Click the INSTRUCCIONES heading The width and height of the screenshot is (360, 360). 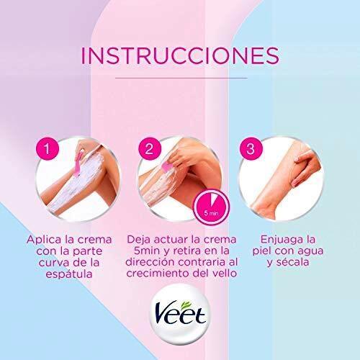click(180, 56)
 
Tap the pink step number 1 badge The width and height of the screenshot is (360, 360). click(48, 149)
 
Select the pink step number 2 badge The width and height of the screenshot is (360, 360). click(150, 149)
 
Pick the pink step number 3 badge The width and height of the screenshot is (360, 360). click(251, 149)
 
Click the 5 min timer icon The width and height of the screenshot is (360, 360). click(212, 207)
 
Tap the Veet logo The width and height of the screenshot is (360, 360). click(180, 314)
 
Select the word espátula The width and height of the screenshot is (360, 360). click(69, 274)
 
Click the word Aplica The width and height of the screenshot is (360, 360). click(44, 240)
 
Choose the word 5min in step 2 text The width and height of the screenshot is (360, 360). click(146, 251)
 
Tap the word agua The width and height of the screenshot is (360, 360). click(310, 251)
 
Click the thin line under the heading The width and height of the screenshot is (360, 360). click(181, 78)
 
